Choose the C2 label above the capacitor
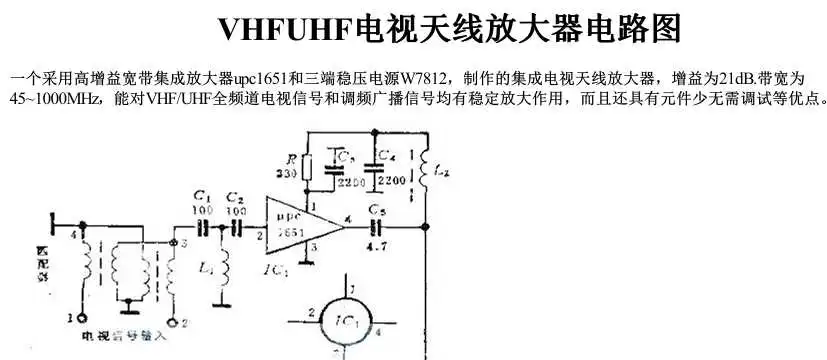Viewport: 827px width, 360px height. click(x=235, y=198)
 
